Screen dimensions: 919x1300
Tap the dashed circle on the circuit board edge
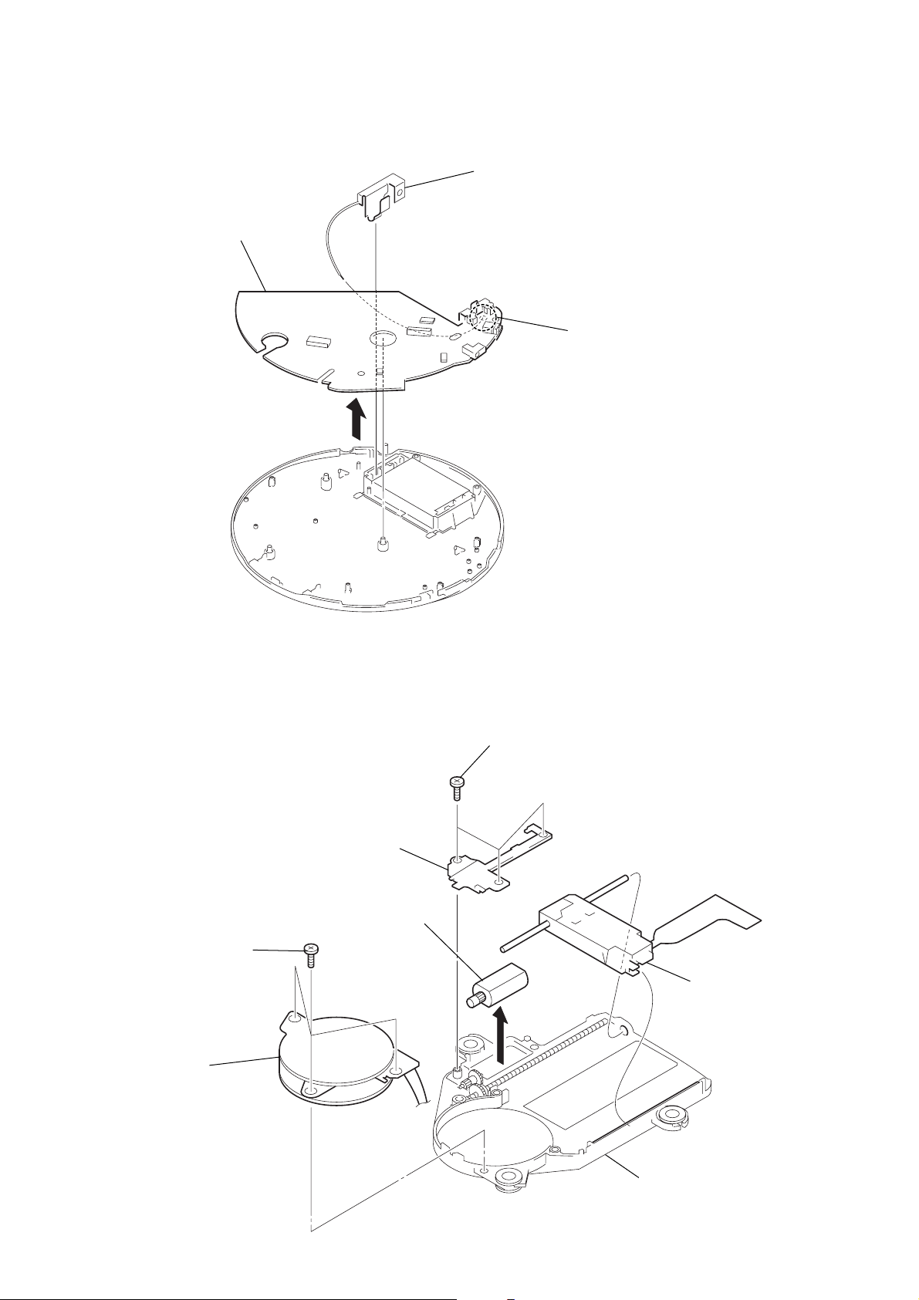(484, 316)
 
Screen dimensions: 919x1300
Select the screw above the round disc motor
(311, 955)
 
